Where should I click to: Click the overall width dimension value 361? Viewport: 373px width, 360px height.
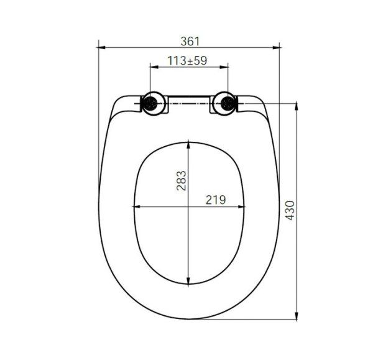click(190, 41)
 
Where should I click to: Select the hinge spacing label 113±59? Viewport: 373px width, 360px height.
click(188, 61)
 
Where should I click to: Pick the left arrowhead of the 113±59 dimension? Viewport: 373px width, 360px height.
click(152, 68)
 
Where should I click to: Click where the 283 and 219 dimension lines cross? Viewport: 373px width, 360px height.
click(190, 206)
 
